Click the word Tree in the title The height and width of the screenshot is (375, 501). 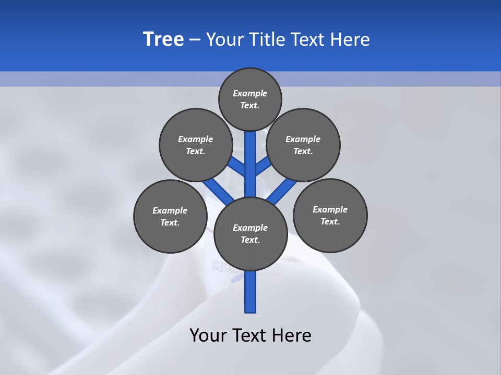[x=163, y=39]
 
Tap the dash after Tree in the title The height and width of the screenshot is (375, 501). [x=195, y=40]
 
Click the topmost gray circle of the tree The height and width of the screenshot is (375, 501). [x=250, y=99]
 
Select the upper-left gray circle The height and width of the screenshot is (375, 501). [x=196, y=145]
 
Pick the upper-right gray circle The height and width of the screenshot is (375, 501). [x=303, y=145]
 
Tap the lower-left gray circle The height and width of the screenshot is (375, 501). [x=170, y=216]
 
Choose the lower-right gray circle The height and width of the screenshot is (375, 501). [x=330, y=215]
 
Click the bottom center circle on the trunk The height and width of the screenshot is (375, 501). [x=250, y=234]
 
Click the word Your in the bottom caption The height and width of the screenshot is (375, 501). [x=208, y=335]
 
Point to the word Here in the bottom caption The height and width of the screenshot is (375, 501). [x=293, y=335]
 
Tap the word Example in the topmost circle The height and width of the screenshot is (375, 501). [x=250, y=93]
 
